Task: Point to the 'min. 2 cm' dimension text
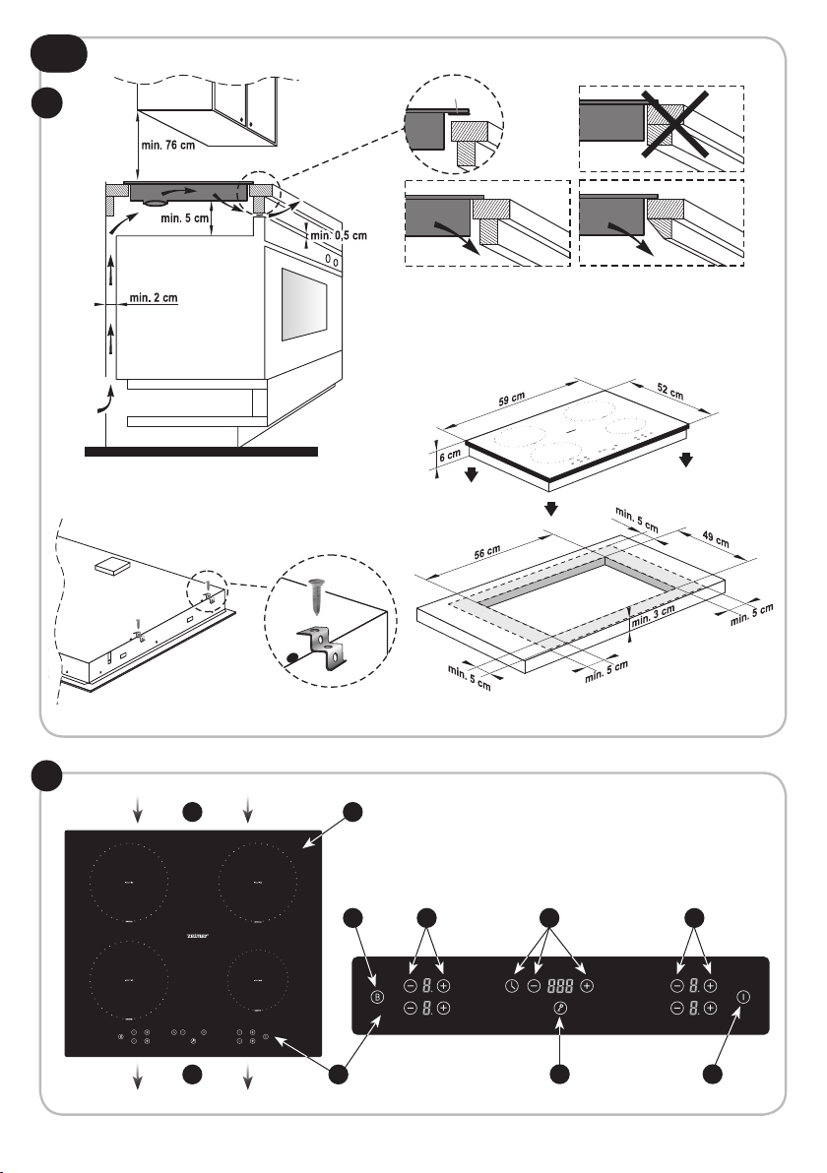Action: pyautogui.click(x=153, y=299)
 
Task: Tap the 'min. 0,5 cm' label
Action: pyautogui.click(x=338, y=236)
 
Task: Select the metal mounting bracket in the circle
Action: pyautogui.click(x=319, y=646)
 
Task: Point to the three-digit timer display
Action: pyautogui.click(x=560, y=985)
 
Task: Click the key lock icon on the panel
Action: pyautogui.click(x=560, y=1008)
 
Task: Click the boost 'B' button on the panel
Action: pyautogui.click(x=376, y=997)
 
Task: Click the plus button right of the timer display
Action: pyautogui.click(x=587, y=985)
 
